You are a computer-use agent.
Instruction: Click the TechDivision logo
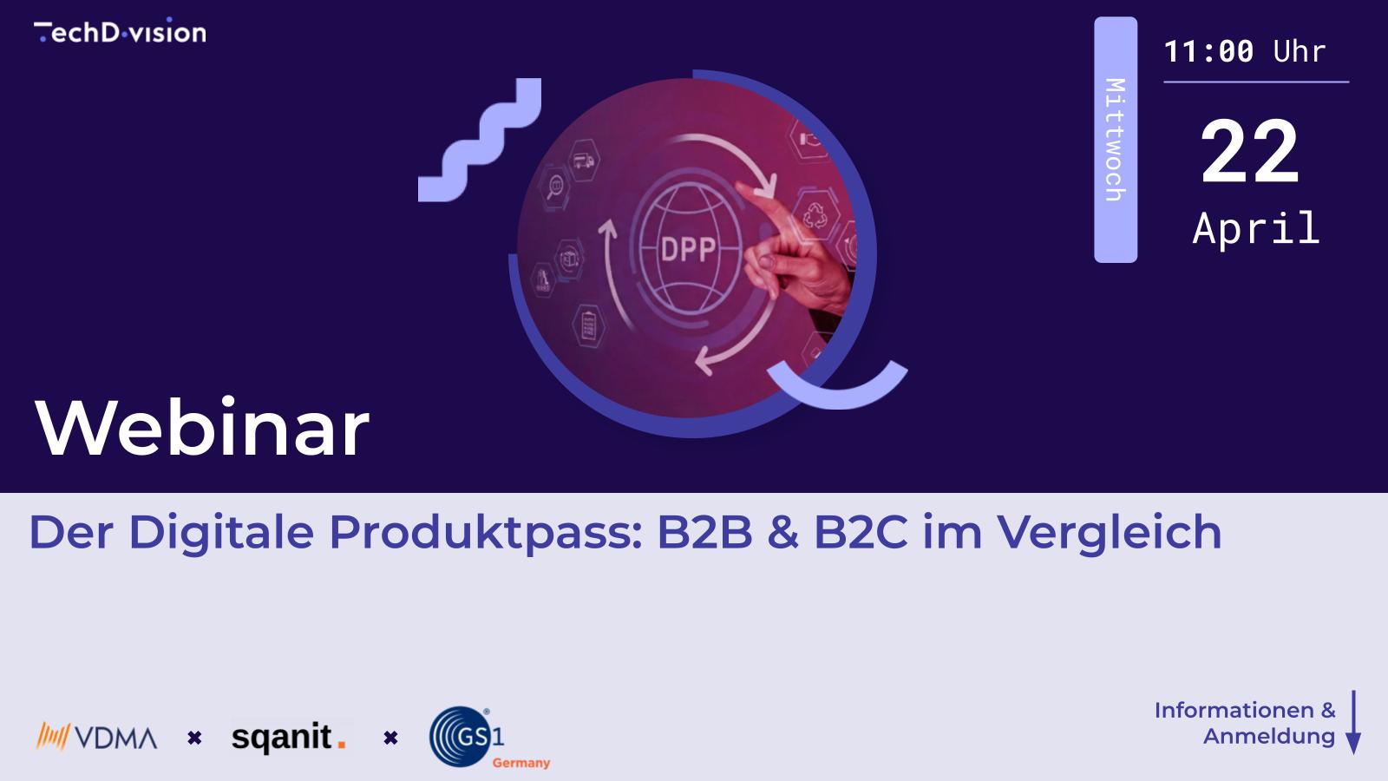pos(120,32)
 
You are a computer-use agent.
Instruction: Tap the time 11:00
pos(1208,52)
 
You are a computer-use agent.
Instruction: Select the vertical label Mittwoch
pos(1115,140)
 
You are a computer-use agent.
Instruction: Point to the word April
pos(1256,229)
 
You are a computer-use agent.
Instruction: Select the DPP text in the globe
pos(688,250)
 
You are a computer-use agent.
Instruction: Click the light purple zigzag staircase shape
pos(480,140)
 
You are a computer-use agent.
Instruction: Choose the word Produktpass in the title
pos(485,532)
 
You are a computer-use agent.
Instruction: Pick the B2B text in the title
pos(704,532)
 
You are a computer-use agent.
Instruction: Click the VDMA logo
pos(97,738)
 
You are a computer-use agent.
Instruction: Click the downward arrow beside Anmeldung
pos(1352,722)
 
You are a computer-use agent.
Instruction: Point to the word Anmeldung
pos(1268,737)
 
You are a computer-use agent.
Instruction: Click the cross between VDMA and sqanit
pos(194,738)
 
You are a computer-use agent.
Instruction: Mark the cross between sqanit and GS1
pos(390,738)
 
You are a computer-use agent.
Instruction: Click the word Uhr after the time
pos(1300,52)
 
